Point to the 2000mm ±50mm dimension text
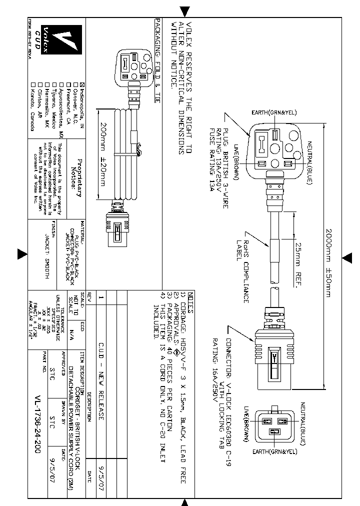tap(328, 262)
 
